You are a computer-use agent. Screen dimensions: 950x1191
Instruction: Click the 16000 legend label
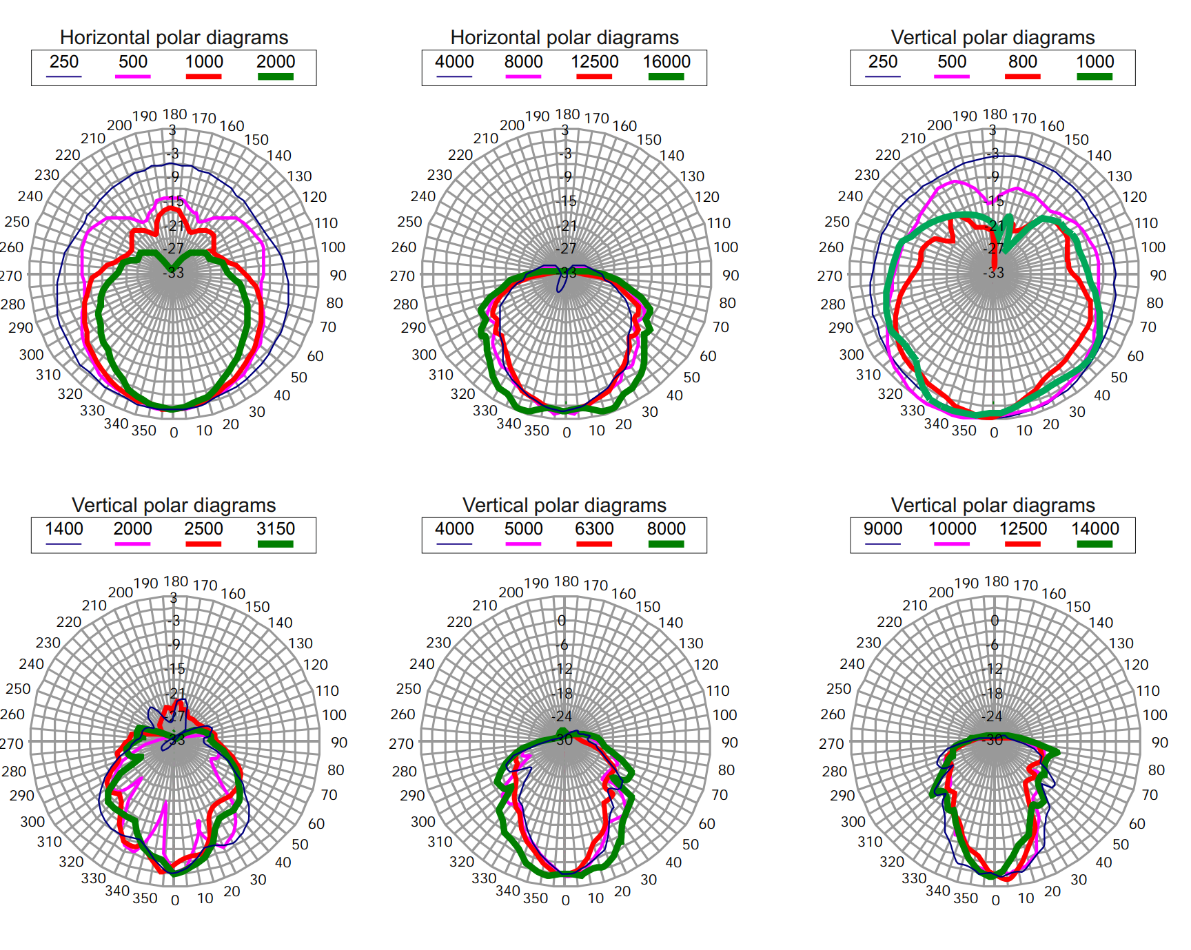click(666, 62)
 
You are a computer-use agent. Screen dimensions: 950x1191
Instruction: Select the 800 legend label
click(1023, 62)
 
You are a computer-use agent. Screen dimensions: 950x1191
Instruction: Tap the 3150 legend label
click(276, 529)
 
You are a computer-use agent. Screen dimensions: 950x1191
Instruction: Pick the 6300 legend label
click(594, 529)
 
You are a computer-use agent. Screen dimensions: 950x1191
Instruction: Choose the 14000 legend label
click(1095, 529)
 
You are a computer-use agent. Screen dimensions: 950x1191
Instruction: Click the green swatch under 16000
click(666, 76)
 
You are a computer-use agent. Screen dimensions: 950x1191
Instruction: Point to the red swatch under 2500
click(203, 544)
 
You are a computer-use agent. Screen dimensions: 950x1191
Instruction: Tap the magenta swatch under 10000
click(952, 544)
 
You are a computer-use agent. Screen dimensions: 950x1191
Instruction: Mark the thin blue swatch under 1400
click(63, 544)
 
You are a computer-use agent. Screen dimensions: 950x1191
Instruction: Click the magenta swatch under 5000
click(523, 544)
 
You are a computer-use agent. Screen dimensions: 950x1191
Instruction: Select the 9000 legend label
click(883, 529)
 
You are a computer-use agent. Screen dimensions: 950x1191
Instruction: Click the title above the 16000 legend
click(564, 37)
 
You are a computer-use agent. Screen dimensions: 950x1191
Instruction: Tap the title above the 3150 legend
click(174, 505)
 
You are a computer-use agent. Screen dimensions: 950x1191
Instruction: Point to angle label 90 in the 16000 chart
click(731, 276)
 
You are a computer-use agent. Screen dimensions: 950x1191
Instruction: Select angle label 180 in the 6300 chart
click(567, 581)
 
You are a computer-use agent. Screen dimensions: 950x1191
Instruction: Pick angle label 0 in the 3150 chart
click(175, 900)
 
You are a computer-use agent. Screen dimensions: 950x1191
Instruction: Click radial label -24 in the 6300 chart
click(562, 716)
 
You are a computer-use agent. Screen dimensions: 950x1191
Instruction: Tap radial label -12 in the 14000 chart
click(993, 669)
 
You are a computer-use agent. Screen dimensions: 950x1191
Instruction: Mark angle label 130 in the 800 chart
click(1120, 176)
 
